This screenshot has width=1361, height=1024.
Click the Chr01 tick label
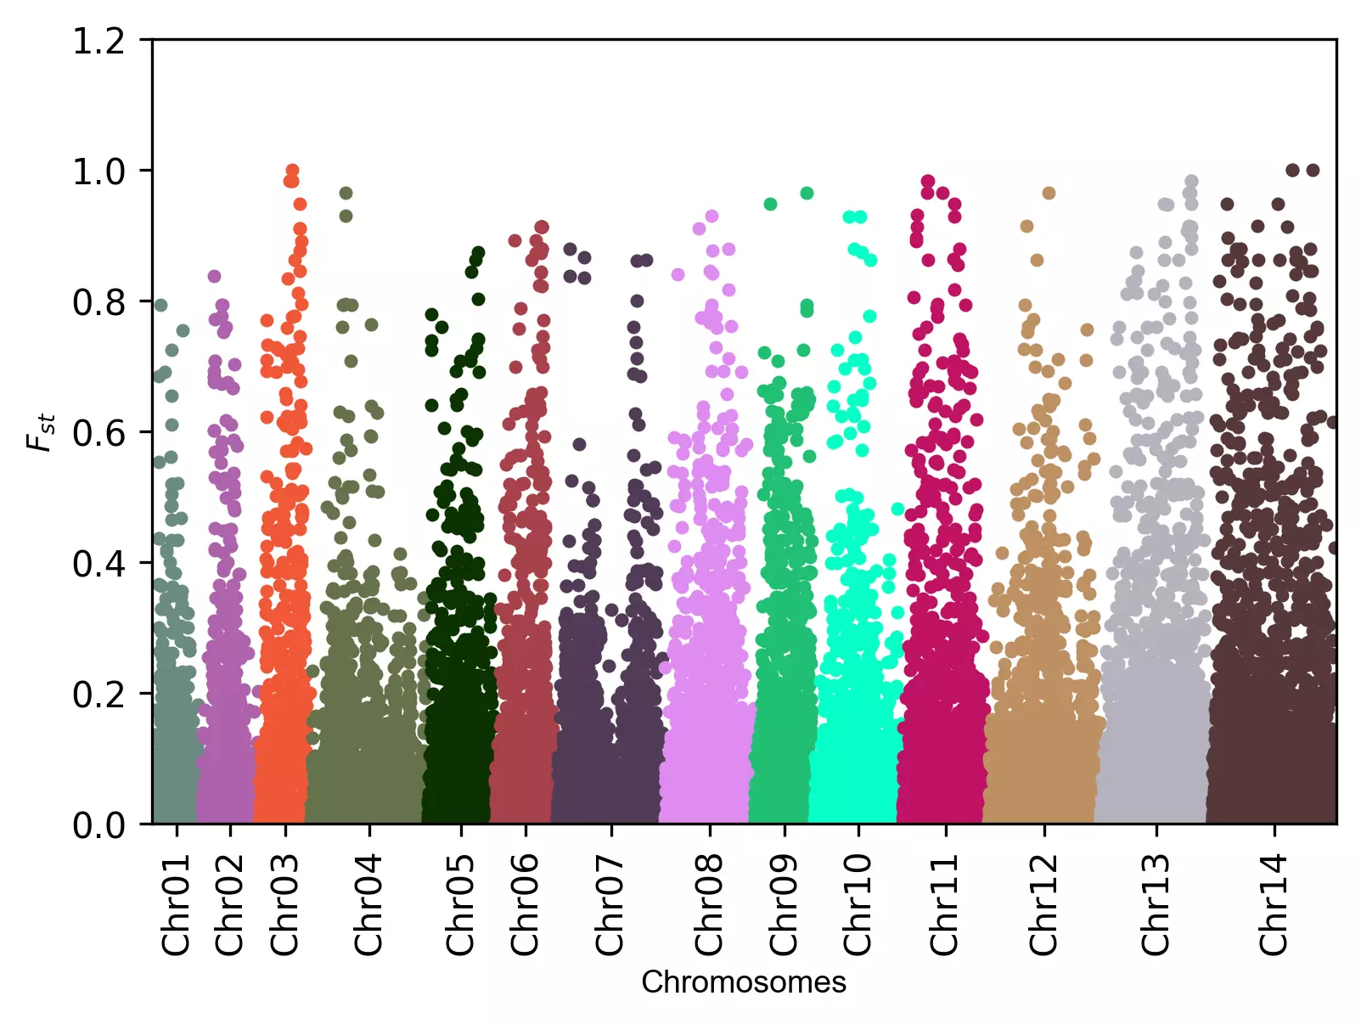tap(176, 905)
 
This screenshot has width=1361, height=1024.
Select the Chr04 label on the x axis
tap(368, 905)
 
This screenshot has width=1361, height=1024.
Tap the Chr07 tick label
tap(610, 905)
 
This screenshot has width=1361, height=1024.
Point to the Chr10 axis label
tap(858, 905)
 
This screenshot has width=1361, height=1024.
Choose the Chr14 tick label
tap(1274, 905)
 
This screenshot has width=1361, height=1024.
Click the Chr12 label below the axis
tap(1043, 905)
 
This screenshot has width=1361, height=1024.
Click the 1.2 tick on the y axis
tap(98, 41)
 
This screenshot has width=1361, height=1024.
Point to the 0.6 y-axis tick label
tap(98, 433)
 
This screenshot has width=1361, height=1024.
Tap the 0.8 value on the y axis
tap(98, 302)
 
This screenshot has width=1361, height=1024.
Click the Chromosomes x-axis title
tap(744, 982)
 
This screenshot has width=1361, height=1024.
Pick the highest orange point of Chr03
tap(292, 171)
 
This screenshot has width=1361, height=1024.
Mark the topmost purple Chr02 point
tap(215, 277)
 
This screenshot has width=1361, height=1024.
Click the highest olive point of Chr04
tap(346, 194)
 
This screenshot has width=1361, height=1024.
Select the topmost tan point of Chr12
tap(1049, 194)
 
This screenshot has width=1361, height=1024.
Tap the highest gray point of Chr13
tap(1191, 182)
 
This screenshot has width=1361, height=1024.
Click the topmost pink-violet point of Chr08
tap(711, 217)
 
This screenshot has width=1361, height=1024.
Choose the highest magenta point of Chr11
tap(928, 182)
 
